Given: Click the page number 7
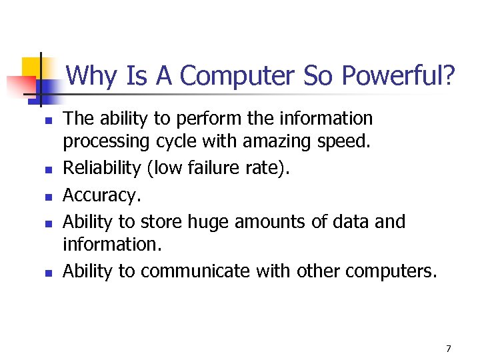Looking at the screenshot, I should [x=449, y=348].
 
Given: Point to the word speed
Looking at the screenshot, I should [x=346, y=142].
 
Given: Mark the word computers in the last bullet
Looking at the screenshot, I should [x=389, y=271].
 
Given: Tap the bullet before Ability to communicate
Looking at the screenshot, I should [x=48, y=273].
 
